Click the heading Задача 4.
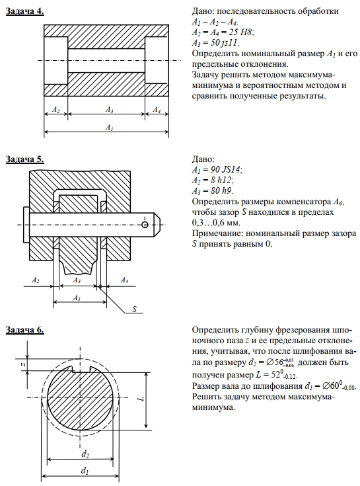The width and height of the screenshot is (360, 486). point(25,11)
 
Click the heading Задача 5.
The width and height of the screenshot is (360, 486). point(25,159)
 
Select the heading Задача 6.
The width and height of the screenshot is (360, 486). point(25,330)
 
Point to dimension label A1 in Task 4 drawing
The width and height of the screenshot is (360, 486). point(109,127)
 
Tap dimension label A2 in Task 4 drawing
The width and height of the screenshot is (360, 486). point(55,110)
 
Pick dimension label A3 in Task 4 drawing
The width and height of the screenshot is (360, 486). point(109,110)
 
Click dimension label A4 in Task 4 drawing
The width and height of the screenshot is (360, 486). point(157,110)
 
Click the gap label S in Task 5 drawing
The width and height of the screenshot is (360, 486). point(134,309)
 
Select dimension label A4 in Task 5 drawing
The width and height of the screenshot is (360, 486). point(124,280)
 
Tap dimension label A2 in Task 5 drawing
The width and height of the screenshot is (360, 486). point(36,280)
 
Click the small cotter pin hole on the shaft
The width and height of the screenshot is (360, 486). point(145,225)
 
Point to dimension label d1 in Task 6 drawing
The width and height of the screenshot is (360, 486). point(85,471)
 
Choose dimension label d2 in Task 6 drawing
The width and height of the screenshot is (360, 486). point(85,454)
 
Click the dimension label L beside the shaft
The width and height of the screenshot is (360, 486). point(141,397)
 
